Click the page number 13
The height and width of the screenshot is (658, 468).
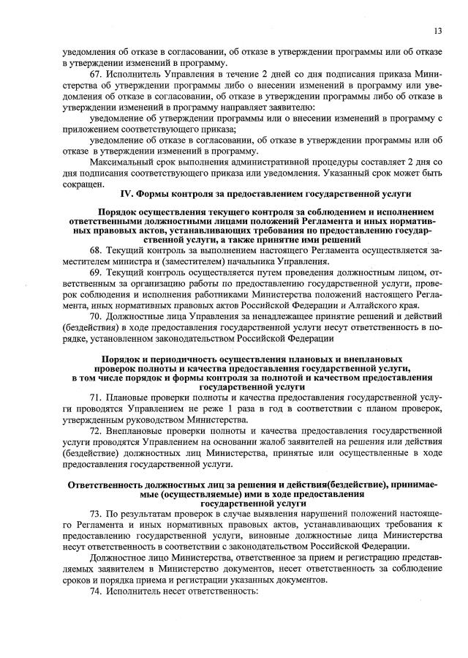tap(437, 31)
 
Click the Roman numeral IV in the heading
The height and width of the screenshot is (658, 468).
tap(126, 193)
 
